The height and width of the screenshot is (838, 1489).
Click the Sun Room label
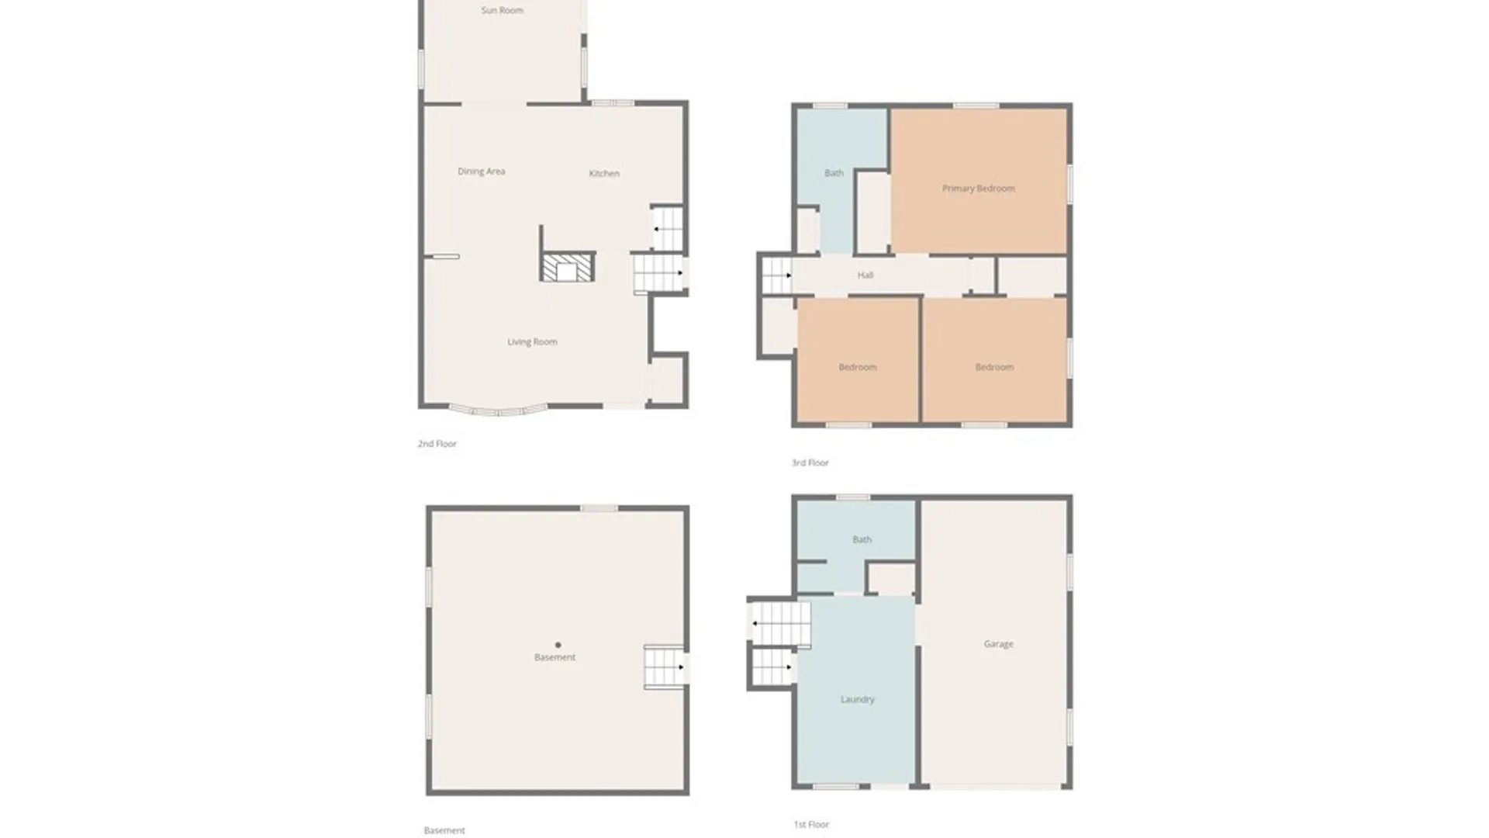[x=502, y=10]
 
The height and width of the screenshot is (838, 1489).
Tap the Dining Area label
[x=481, y=171]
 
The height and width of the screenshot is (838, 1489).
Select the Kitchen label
[x=603, y=173]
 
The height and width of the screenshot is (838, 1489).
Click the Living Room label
[x=532, y=342]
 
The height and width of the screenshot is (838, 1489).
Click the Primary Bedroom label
[x=978, y=189]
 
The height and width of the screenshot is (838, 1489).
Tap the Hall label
[x=865, y=275]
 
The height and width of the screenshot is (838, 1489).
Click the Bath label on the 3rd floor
[x=834, y=173]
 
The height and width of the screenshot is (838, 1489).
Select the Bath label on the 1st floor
[x=862, y=539]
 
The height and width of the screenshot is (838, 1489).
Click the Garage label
[x=998, y=644]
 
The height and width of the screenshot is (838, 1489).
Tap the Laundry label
[x=857, y=699]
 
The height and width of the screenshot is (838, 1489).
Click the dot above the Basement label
[x=558, y=645]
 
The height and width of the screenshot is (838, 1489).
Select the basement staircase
[x=664, y=667]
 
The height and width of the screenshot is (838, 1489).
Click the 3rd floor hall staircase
[x=776, y=275]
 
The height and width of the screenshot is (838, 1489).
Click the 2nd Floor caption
[x=437, y=444]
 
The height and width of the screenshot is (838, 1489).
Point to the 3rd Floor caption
[x=810, y=462]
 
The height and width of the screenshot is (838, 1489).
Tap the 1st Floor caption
[x=811, y=824]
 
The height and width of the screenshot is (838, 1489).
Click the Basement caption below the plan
[x=444, y=830]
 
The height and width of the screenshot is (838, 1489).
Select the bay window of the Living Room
[x=498, y=410]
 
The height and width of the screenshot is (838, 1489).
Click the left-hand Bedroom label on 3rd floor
[x=857, y=367]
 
